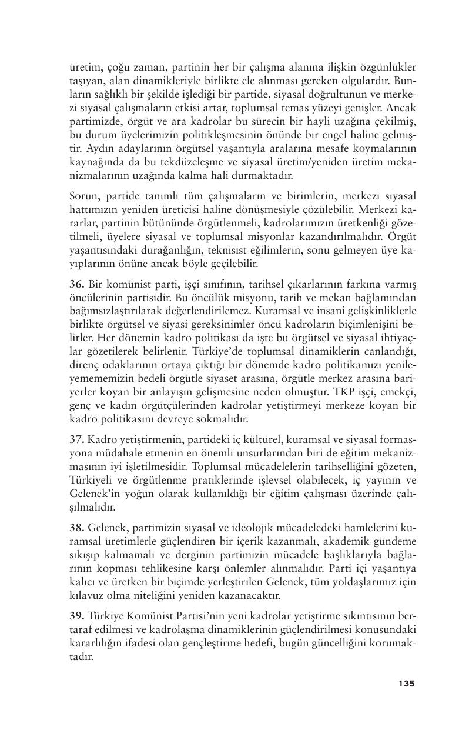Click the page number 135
406,683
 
